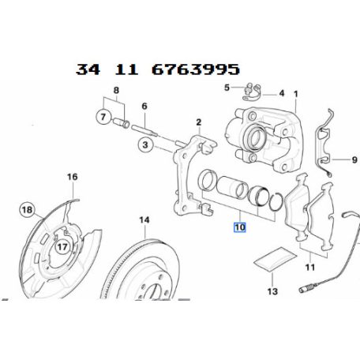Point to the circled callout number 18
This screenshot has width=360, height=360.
click(26, 210)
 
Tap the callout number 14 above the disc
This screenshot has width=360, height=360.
click(144, 219)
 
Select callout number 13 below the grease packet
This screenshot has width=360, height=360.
click(272, 291)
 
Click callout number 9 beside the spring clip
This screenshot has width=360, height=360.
click(343, 161)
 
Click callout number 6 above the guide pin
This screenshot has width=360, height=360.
click(144, 106)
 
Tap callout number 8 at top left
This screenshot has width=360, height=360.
click(118, 92)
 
